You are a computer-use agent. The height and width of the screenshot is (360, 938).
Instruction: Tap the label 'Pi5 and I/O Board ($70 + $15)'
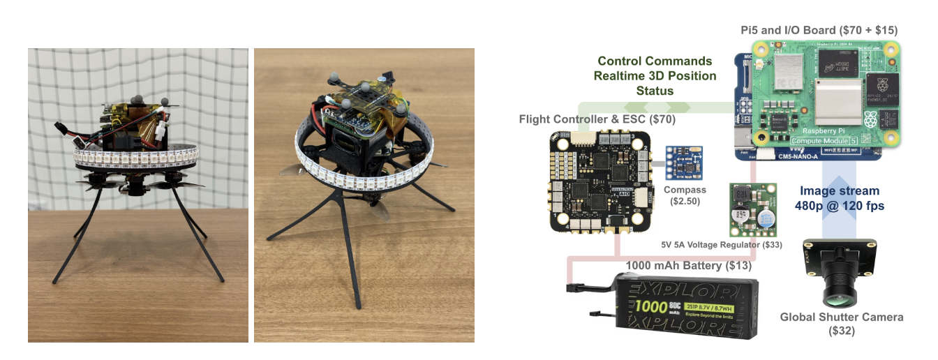(819, 30)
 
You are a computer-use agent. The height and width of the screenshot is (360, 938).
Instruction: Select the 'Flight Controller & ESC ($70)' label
(597, 119)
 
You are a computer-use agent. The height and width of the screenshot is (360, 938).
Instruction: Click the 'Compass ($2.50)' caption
(685, 195)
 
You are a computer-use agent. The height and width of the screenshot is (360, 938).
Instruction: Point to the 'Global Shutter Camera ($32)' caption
(841, 323)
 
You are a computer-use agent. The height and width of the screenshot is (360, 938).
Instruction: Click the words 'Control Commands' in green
(655, 61)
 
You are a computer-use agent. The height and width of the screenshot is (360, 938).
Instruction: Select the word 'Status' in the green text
(655, 91)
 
